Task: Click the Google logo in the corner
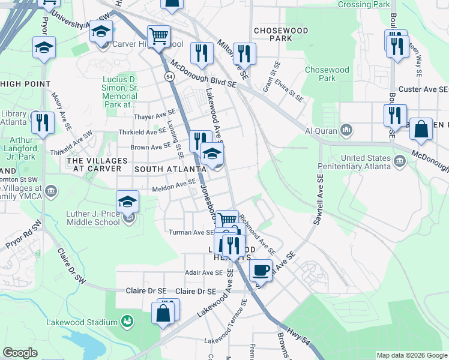(x=20, y=353)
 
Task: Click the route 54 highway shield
(x=170, y=77)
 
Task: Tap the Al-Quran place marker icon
(x=346, y=130)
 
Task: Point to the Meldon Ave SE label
(x=174, y=185)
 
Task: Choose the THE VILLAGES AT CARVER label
(x=97, y=165)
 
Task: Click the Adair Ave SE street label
(x=204, y=272)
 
